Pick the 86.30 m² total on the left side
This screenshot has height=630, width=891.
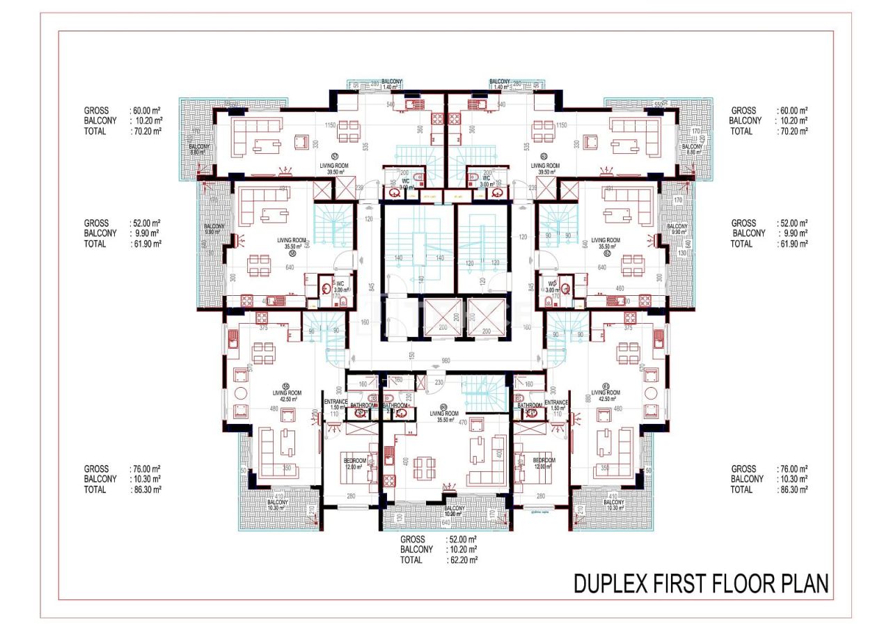[x=146, y=489]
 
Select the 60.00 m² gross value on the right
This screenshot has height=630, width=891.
[x=793, y=111]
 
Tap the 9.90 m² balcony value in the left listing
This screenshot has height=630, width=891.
[x=145, y=233]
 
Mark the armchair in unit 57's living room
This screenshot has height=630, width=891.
[x=301, y=143]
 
